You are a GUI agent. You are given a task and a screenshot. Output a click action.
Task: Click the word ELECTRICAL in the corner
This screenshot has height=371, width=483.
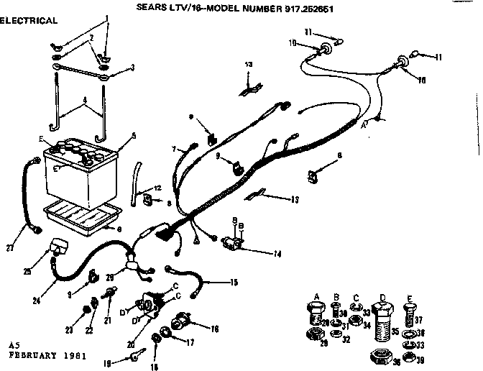pyautogui.click(x=29, y=21)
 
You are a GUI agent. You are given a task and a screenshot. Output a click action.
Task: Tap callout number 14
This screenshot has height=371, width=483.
pyautogui.click(x=257, y=254)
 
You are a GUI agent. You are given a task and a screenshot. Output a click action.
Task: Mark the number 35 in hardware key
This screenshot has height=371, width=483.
pyautogui.click(x=394, y=333)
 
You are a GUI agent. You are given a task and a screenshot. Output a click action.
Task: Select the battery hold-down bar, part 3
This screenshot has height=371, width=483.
pyautogui.click(x=79, y=69)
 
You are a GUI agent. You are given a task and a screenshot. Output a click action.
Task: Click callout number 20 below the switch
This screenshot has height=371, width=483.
pyautogui.click(x=130, y=344)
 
